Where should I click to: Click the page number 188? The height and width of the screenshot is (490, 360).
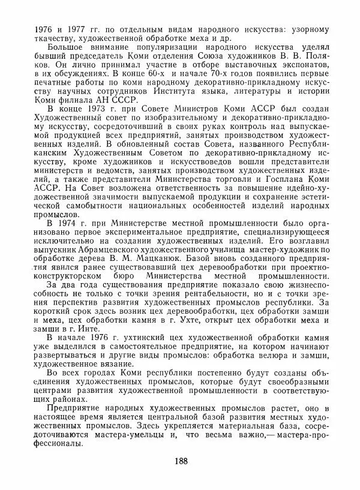pyautogui.click(x=179, y=461)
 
